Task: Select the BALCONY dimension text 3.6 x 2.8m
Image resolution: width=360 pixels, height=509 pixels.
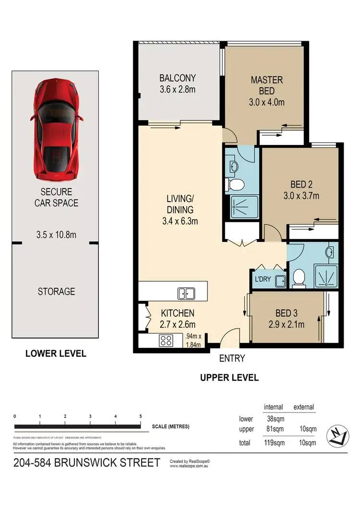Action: (x=178, y=89)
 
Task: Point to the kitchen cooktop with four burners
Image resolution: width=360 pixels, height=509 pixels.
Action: (x=166, y=341)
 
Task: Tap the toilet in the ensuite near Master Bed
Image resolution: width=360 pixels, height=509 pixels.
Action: (x=235, y=185)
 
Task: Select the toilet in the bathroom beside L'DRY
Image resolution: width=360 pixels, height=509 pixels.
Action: (x=299, y=278)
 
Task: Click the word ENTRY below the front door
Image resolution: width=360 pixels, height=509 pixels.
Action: (x=232, y=358)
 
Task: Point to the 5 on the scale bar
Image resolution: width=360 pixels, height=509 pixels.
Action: (x=140, y=416)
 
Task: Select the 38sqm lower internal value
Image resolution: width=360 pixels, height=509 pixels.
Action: (x=275, y=419)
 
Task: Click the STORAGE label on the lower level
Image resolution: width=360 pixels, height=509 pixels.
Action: (x=56, y=291)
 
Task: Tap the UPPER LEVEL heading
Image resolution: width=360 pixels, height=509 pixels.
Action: (x=229, y=378)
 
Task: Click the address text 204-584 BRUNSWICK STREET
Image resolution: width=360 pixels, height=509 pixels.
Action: (x=86, y=463)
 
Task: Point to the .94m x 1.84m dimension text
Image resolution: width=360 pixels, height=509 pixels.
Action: (x=196, y=340)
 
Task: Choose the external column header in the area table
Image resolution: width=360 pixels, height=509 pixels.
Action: (x=303, y=407)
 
